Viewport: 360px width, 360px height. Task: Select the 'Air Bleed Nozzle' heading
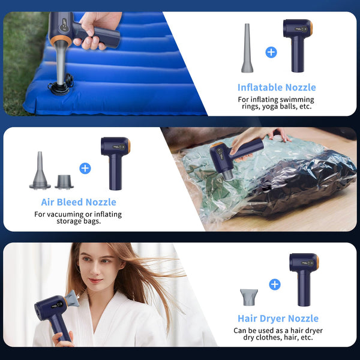pos(79,202)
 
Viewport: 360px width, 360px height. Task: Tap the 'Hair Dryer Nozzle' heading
pos(278,319)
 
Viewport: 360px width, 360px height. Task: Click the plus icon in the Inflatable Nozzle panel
pos(271,52)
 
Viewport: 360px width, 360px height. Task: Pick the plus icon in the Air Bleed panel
pos(85,168)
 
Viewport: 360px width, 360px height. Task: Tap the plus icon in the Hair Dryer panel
pos(275,284)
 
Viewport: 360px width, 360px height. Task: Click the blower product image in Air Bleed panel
pos(115,161)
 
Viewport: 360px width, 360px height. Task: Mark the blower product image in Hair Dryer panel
pos(303,277)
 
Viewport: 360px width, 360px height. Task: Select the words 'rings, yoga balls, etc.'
pos(275,108)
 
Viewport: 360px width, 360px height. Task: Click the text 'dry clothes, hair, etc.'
pos(278,338)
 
